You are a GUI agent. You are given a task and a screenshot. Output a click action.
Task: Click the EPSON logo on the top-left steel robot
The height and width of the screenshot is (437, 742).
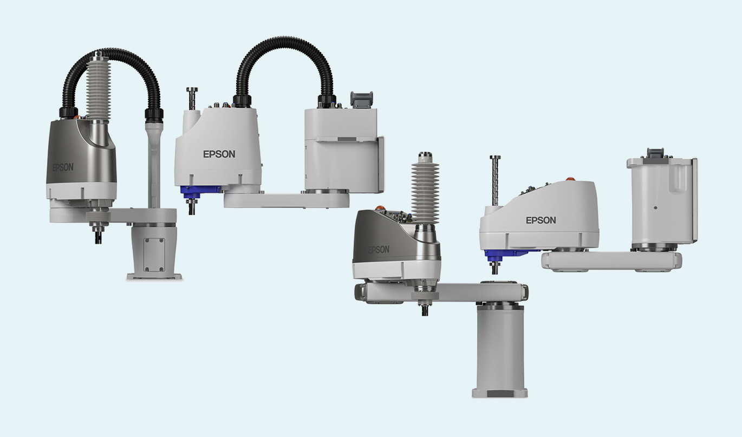pos(63,167)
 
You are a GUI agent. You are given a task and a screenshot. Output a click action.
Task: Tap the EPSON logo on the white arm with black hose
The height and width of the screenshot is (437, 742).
pos(219,154)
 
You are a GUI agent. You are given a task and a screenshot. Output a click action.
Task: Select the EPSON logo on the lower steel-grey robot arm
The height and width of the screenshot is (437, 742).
pos(379,250)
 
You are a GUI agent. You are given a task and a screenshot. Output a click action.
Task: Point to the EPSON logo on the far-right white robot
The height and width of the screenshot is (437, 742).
pos(541,220)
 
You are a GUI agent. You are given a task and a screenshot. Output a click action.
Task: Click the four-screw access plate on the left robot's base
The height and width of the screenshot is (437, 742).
pos(154,255)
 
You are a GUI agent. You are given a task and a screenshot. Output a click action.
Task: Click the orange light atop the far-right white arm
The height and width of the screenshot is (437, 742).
pos(570,179)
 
